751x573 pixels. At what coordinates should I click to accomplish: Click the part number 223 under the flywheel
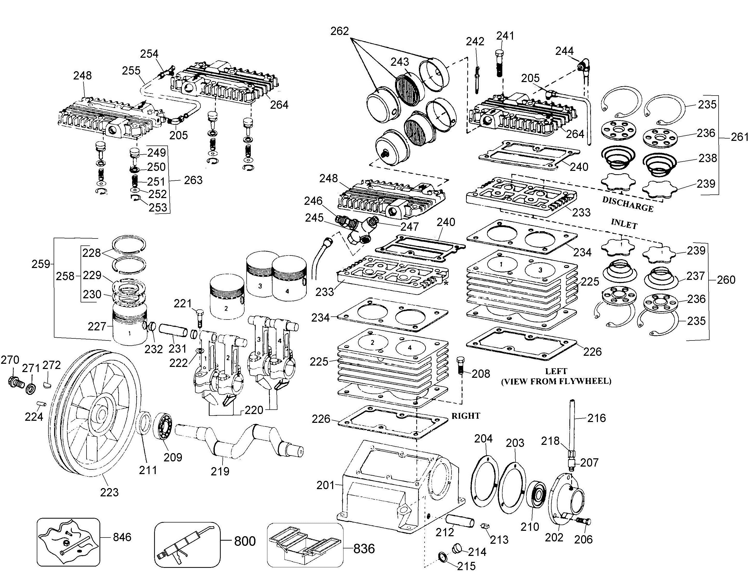point(109,492)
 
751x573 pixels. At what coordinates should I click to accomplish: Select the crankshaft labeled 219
point(239,440)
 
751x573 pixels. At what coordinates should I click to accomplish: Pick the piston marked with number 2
point(227,296)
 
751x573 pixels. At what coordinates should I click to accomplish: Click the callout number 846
point(122,537)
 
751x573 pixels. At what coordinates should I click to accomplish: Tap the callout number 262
point(340,31)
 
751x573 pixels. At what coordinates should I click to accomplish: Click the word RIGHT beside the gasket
point(466,416)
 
